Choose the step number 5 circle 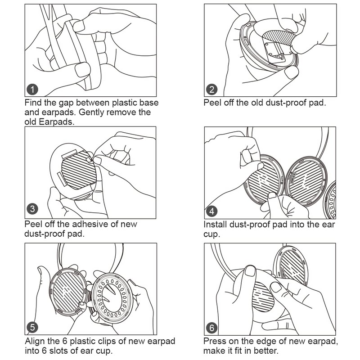pos(32,326)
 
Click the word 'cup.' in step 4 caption pos(211,234)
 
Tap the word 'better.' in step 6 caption pos(281,351)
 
